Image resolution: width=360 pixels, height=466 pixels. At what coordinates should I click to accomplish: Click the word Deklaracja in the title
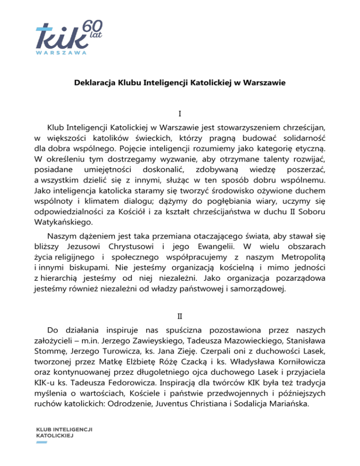coord(92,86)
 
